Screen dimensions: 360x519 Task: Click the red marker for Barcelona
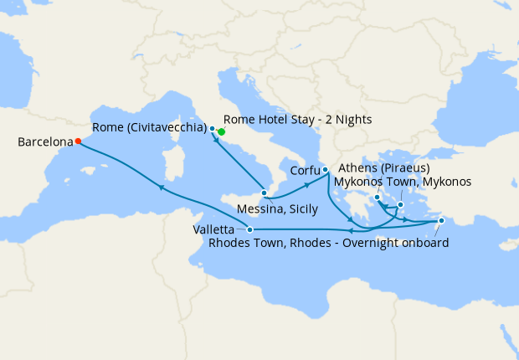77,141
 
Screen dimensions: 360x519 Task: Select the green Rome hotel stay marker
222,132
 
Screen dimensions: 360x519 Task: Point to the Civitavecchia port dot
213,129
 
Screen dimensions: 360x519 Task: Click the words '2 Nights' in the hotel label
347,121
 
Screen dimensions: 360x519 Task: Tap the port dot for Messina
264,193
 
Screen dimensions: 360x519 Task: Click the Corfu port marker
325,170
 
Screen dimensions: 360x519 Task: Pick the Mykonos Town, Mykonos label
403,182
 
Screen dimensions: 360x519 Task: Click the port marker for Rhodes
441,221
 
